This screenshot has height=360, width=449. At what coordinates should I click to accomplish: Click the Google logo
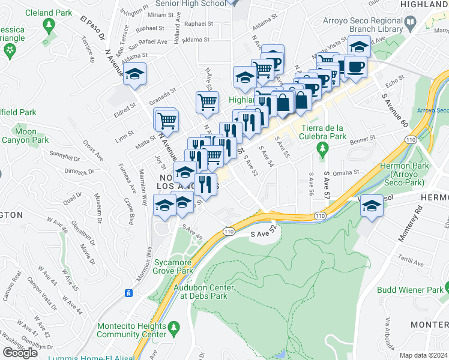click(20, 352)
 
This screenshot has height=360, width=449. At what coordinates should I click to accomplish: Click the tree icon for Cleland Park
click(49, 26)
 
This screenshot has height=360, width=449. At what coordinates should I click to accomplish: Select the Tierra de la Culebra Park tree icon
click(324, 148)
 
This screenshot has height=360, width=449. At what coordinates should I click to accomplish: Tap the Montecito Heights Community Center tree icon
click(174, 328)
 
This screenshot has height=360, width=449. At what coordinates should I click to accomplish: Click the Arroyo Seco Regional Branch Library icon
click(411, 23)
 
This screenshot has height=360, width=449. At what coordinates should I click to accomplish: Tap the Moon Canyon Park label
click(25, 136)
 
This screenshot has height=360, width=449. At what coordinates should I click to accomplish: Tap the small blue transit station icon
click(128, 293)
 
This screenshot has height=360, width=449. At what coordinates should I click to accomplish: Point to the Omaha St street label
click(346, 172)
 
